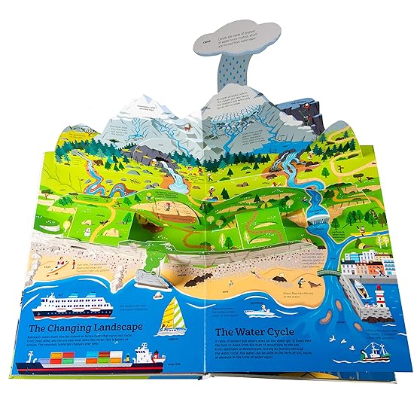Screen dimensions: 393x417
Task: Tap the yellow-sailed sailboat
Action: (x=174, y=316)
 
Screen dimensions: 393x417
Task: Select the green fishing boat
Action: (x=373, y=352)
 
